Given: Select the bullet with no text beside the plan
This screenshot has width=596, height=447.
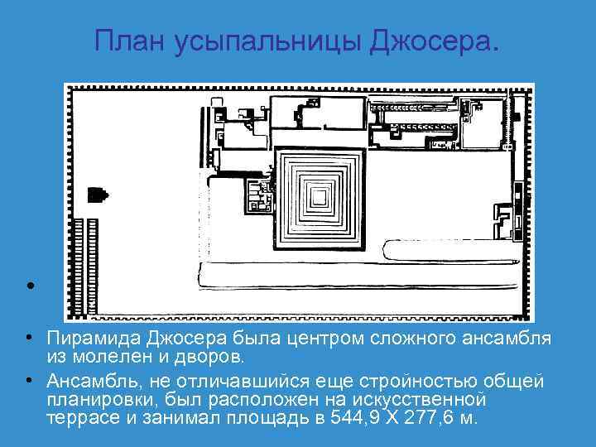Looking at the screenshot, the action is point(29,286).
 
